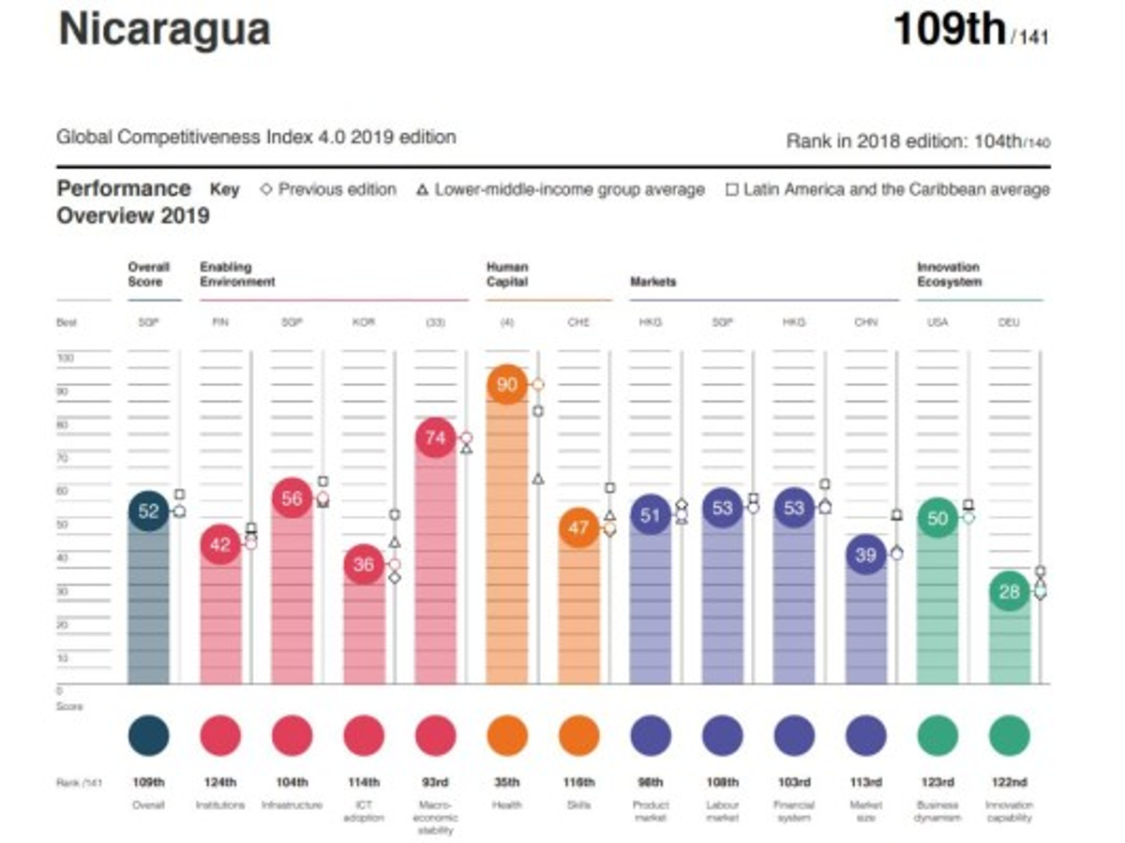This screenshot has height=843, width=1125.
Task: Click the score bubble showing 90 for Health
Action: [507, 385]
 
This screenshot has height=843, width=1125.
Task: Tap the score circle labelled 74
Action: [435, 437]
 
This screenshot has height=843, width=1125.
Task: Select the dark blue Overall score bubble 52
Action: [148, 510]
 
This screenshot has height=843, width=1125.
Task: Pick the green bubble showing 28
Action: [1009, 592]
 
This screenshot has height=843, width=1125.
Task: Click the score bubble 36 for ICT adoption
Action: [363, 565]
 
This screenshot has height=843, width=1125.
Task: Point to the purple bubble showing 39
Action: [865, 555]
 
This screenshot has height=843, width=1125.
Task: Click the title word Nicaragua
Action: [164, 30]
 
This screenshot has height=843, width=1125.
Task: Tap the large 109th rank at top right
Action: [949, 30]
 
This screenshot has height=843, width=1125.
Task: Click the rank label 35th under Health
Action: [507, 782]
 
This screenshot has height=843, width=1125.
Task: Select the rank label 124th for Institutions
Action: [220, 782]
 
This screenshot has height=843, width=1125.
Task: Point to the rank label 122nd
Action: [1009, 782]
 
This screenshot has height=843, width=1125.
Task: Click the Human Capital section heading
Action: [507, 274]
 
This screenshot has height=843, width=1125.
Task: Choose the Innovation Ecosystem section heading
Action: [948, 274]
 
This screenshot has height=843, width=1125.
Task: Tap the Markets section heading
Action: [653, 281]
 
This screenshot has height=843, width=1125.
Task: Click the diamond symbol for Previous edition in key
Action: [265, 189]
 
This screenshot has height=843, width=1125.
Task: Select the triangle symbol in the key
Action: [421, 190]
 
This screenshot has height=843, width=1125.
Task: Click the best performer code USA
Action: [937, 322]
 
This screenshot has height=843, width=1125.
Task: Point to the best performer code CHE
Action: [578, 322]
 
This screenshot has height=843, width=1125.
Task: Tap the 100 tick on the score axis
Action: [66, 358]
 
